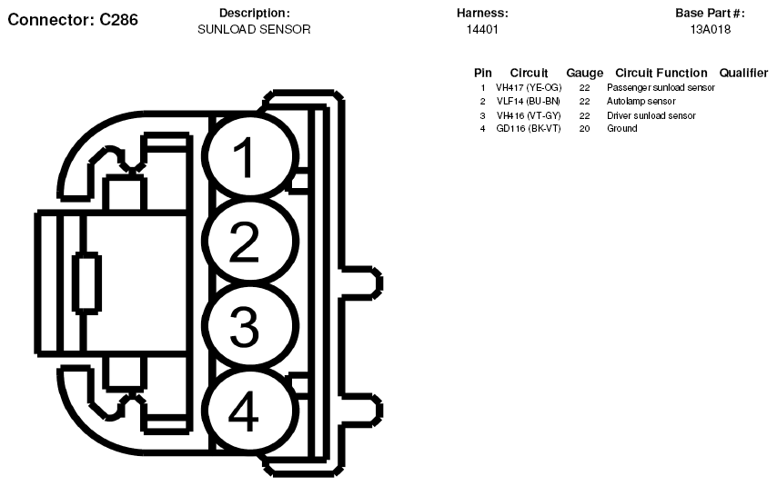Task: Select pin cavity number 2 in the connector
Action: point(244,242)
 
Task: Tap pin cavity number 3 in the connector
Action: point(244,327)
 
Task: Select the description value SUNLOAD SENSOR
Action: point(254,30)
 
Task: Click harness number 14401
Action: point(482,30)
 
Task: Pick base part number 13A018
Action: point(711,30)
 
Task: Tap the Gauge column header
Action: point(584,73)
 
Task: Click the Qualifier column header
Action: point(743,73)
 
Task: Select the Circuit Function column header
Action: point(661,73)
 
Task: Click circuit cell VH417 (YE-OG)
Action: point(529,88)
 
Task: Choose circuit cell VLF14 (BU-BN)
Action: point(528,102)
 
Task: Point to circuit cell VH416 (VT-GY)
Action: point(529,115)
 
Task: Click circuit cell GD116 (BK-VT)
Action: point(529,129)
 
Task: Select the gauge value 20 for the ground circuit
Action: point(584,129)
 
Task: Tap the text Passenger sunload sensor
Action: point(661,88)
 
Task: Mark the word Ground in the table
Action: point(622,129)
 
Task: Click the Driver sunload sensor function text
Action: point(651,115)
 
